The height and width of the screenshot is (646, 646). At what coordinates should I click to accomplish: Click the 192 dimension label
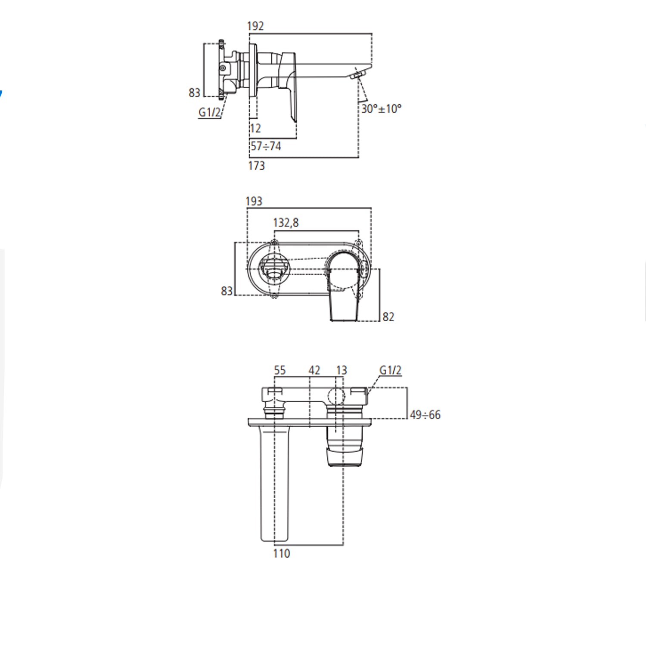[255, 26]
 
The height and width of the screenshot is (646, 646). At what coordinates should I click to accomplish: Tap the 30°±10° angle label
[381, 109]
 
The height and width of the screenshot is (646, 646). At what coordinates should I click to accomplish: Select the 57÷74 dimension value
[266, 146]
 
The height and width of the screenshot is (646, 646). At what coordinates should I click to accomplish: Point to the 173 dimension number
[256, 165]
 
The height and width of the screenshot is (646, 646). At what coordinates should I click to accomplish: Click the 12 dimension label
[255, 128]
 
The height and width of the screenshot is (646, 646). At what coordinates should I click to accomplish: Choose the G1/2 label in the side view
[209, 112]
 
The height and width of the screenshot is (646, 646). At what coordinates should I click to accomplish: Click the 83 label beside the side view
[195, 92]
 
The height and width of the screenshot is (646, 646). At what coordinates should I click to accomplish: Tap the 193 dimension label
[254, 201]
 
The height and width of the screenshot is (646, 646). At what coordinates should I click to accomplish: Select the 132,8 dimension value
[286, 223]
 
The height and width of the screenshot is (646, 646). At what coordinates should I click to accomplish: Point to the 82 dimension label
[388, 317]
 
